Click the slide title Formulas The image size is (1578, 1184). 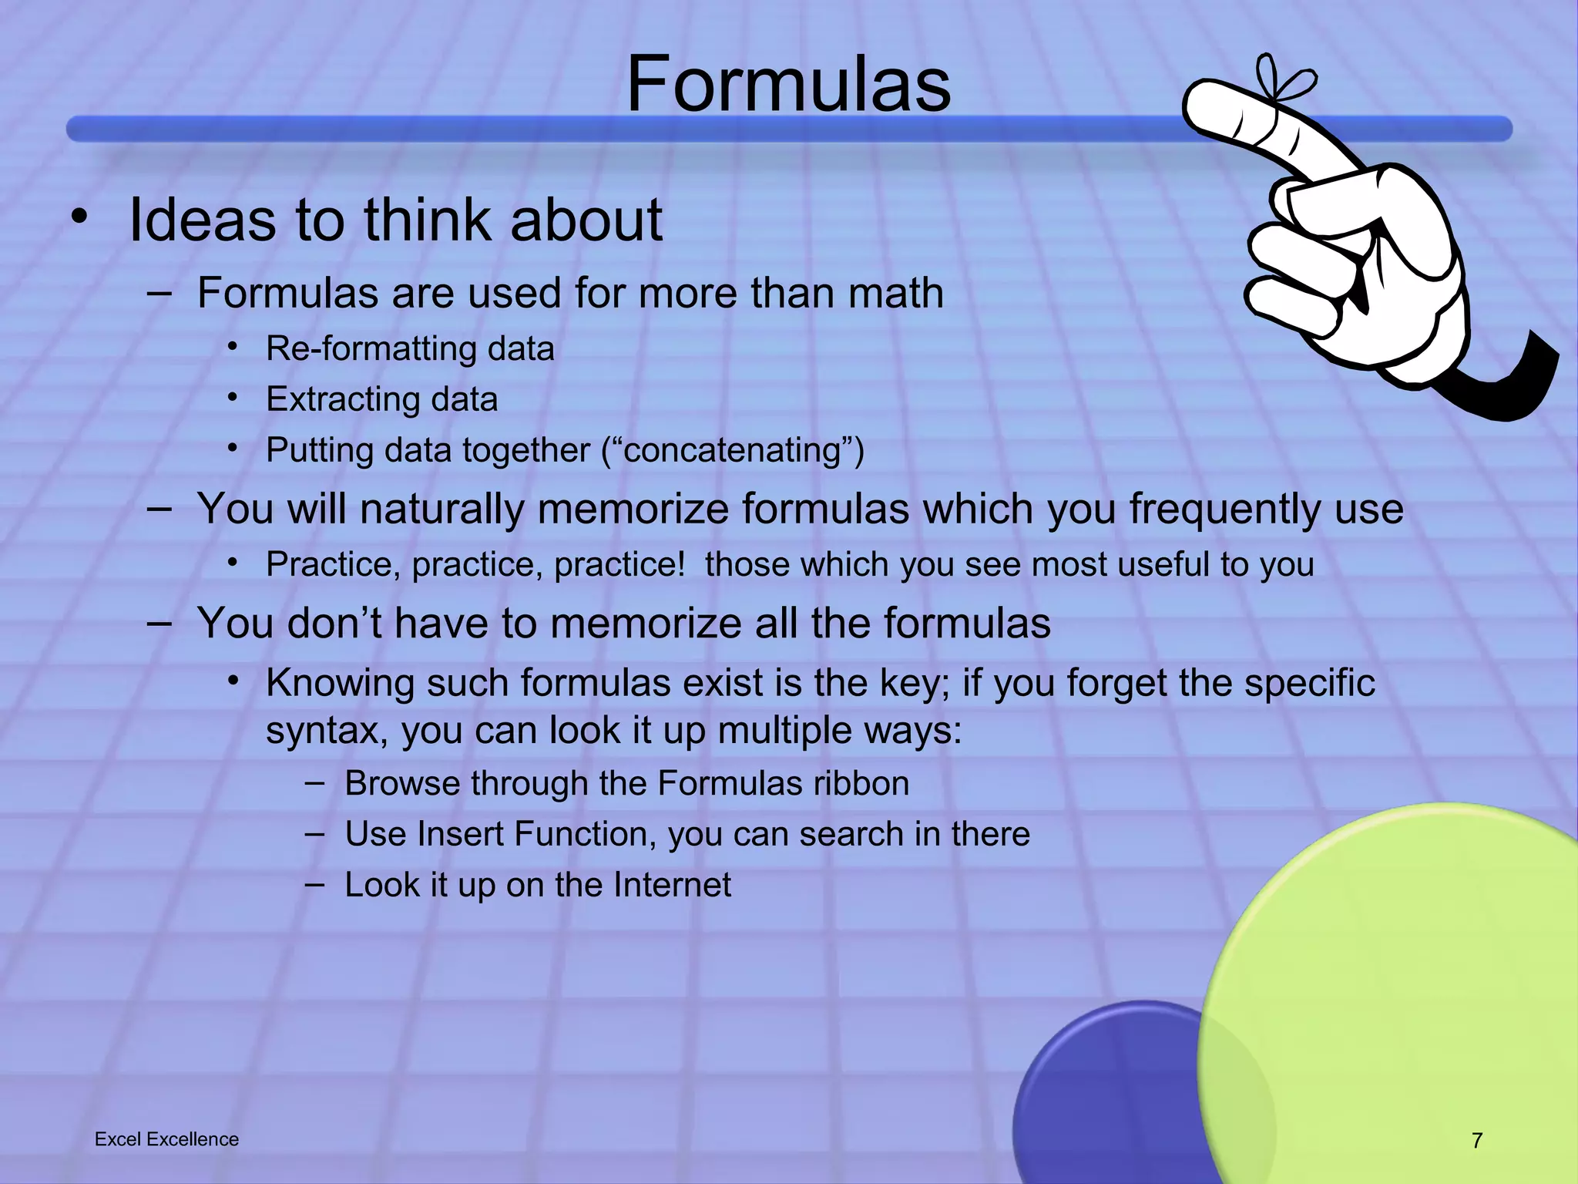click(x=788, y=85)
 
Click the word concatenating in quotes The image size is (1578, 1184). click(x=732, y=450)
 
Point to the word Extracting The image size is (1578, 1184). click(x=342, y=400)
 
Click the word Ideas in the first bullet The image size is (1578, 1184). click(x=202, y=220)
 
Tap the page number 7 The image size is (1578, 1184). click(x=1476, y=1140)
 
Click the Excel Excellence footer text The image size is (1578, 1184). click(x=166, y=1139)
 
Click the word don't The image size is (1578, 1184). click(x=334, y=624)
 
